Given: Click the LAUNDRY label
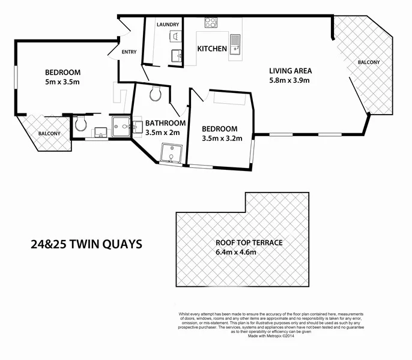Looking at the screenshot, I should [168, 25].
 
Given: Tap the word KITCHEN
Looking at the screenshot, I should [212, 49].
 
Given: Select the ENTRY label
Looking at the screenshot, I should [129, 52].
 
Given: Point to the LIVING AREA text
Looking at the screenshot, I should [290, 70].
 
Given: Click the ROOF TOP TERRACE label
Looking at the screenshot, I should [249, 243].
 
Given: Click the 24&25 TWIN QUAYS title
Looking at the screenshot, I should [86, 244].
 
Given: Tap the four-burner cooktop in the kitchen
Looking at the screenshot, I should [211, 23].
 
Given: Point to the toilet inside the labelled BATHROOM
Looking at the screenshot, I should [156, 94].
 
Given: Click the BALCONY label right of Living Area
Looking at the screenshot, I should [369, 62].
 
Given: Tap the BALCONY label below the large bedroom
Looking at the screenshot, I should [49, 134].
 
